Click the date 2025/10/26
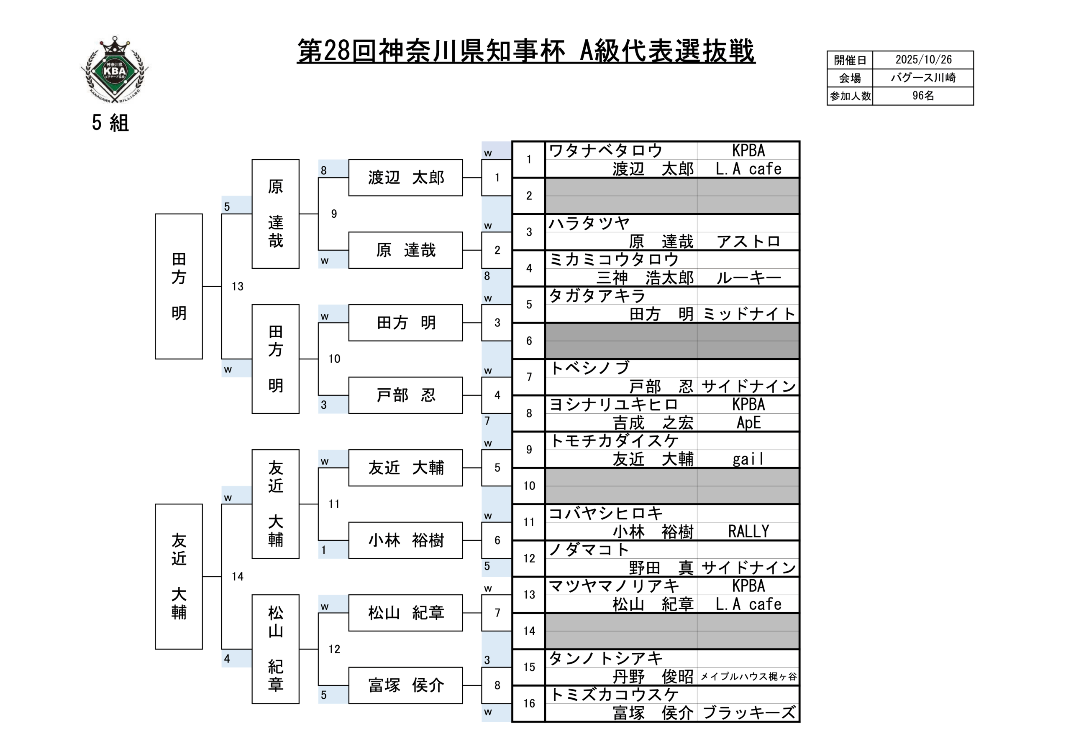pyautogui.click(x=923, y=60)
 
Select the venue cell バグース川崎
pyautogui.click(x=923, y=78)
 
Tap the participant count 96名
pyautogui.click(x=923, y=96)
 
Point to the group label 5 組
pyautogui.click(x=110, y=123)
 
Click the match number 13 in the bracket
pyautogui.click(x=238, y=287)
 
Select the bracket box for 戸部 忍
pyautogui.click(x=405, y=395)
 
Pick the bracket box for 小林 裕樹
pyautogui.click(x=405, y=540)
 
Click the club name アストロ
pyautogui.click(x=748, y=242)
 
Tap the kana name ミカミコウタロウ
pyautogui.click(x=613, y=260)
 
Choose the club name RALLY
pyautogui.click(x=748, y=531)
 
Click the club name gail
pyautogui.click(x=748, y=459)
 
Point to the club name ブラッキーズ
pyautogui.click(x=748, y=713)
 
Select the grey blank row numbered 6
pyautogui.click(x=672, y=341)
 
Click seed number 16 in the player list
pyautogui.click(x=529, y=703)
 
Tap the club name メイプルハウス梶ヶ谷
pyautogui.click(x=748, y=677)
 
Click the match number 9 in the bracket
pyautogui.click(x=334, y=214)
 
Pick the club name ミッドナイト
pyautogui.click(x=748, y=314)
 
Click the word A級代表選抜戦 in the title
pyautogui.click(x=666, y=51)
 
